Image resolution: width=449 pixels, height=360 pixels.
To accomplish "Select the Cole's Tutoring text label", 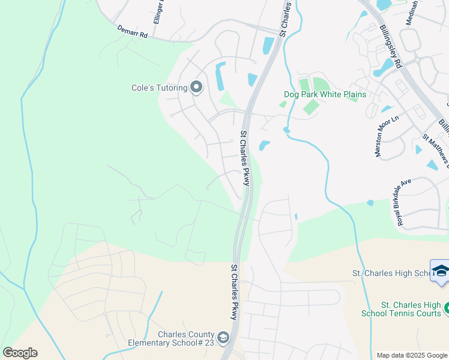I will pyautogui.click(x=159, y=88).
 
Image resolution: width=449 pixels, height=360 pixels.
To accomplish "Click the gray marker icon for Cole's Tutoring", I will pyautogui.click(x=196, y=88).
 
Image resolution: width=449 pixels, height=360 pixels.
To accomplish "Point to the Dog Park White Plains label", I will pyautogui.click(x=325, y=94).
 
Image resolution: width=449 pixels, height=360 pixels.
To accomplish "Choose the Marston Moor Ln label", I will pyautogui.click(x=387, y=137).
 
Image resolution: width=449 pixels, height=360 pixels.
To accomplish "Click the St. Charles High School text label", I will pyautogui.click(x=390, y=274).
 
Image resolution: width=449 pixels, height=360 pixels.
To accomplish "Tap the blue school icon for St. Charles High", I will pyautogui.click(x=440, y=271).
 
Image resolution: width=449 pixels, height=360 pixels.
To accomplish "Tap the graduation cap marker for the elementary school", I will pyautogui.click(x=223, y=338).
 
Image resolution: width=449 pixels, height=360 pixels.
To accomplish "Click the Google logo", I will pyautogui.click(x=20, y=352).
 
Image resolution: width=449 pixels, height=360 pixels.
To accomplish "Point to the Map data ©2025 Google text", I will pyautogui.click(x=411, y=355).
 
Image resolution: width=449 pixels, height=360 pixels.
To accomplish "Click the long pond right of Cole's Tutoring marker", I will pyautogui.click(x=219, y=74).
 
